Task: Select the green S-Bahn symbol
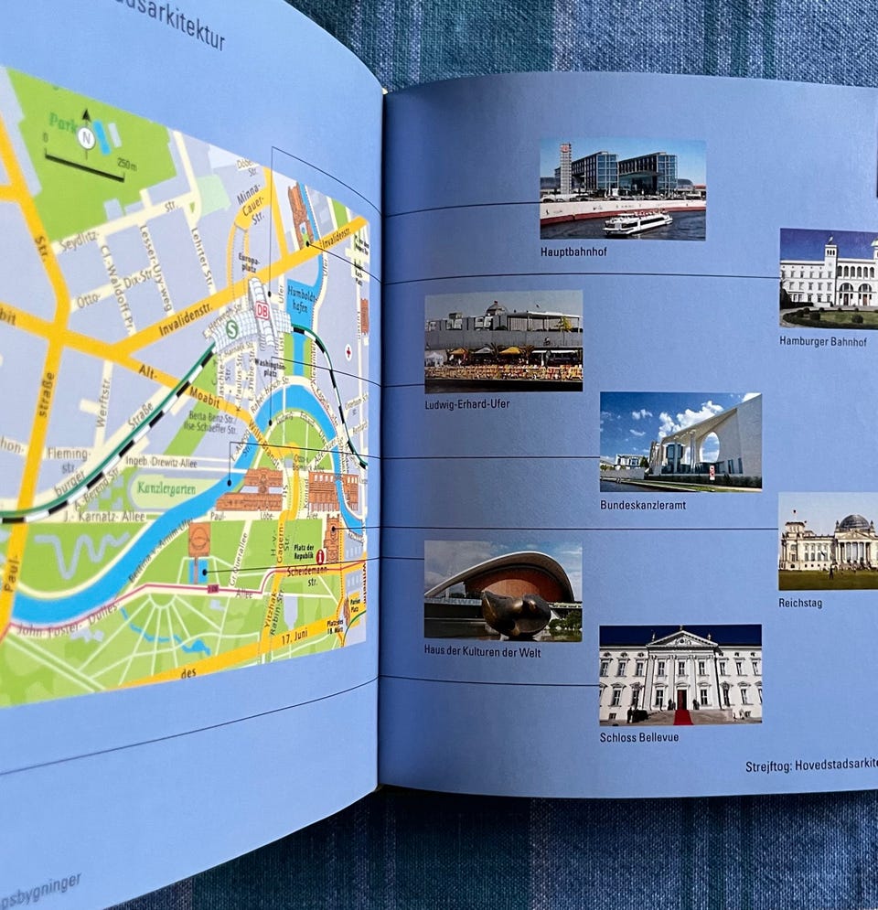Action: [231, 324]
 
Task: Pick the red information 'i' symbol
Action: [320, 555]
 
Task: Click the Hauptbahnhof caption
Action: [573, 252]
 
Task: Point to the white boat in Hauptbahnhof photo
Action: [638, 222]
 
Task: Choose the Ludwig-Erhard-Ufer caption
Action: [467, 404]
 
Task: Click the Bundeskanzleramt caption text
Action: [643, 504]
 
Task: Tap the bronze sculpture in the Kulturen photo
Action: [516, 614]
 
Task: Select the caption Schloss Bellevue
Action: [639, 736]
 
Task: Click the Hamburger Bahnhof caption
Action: [823, 341]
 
